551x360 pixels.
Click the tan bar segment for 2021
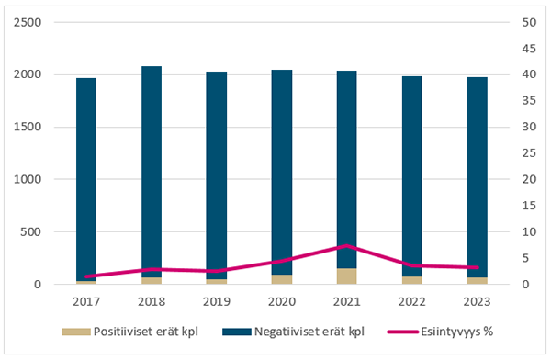point(346,276)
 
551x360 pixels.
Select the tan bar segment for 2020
point(282,279)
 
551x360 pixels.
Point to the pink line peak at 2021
point(346,246)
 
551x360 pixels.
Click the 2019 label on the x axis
point(217,300)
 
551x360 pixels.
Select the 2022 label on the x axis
point(411,300)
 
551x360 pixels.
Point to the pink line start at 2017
point(86,276)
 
